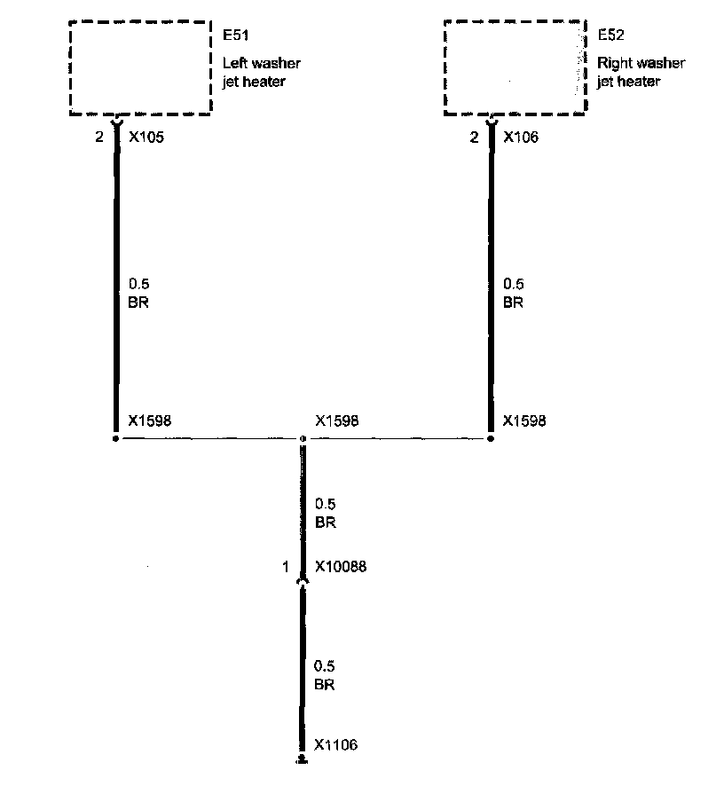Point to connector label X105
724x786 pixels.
tap(146, 138)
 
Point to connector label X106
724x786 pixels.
tap(521, 138)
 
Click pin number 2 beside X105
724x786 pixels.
tap(99, 138)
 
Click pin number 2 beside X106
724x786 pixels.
tap(474, 138)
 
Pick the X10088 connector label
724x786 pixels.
tap(341, 567)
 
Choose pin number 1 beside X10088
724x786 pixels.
tap(286, 567)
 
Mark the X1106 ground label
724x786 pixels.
tap(336, 745)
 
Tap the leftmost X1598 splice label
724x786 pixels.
tap(149, 421)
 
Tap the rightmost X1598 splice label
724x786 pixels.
tap(524, 421)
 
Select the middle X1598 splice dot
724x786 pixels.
tap(303, 439)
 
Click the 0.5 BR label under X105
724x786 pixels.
tap(138, 294)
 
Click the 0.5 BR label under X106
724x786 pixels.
tap(513, 294)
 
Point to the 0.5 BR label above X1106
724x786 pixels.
tap(326, 675)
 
